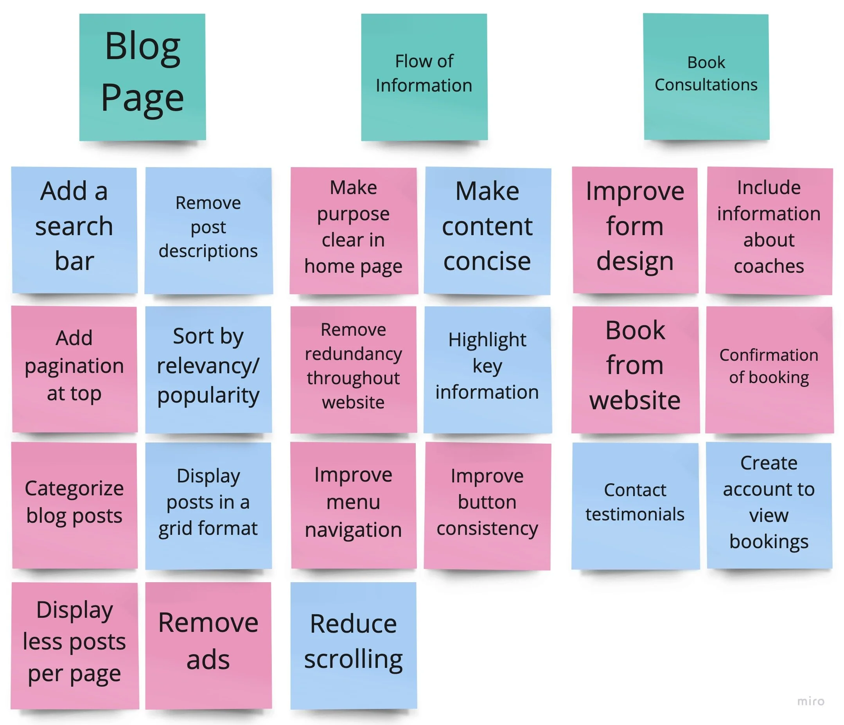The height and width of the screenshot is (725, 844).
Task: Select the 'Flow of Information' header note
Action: pyautogui.click(x=424, y=77)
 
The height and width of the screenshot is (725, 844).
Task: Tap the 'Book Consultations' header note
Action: pyautogui.click(x=706, y=77)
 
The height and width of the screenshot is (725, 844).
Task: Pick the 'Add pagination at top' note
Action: pyautogui.click(x=74, y=369)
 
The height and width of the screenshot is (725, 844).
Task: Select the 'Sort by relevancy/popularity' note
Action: pyautogui.click(x=208, y=369)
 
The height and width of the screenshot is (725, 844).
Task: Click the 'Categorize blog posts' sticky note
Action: pyautogui.click(x=74, y=506)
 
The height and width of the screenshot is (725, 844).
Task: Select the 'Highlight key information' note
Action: pyautogui.click(x=487, y=369)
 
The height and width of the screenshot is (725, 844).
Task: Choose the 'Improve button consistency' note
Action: pyautogui.click(x=487, y=506)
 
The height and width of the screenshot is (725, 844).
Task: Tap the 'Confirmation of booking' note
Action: pyautogui.click(x=769, y=369)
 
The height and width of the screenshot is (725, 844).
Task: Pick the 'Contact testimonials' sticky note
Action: pyautogui.click(x=635, y=506)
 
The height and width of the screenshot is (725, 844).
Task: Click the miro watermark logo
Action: pyautogui.click(x=811, y=701)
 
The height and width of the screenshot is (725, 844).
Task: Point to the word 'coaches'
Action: pyautogui.click(x=769, y=266)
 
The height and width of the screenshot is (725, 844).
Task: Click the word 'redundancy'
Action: pyautogui.click(x=354, y=354)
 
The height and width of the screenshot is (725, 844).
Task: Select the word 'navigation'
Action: pyautogui.click(x=354, y=530)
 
